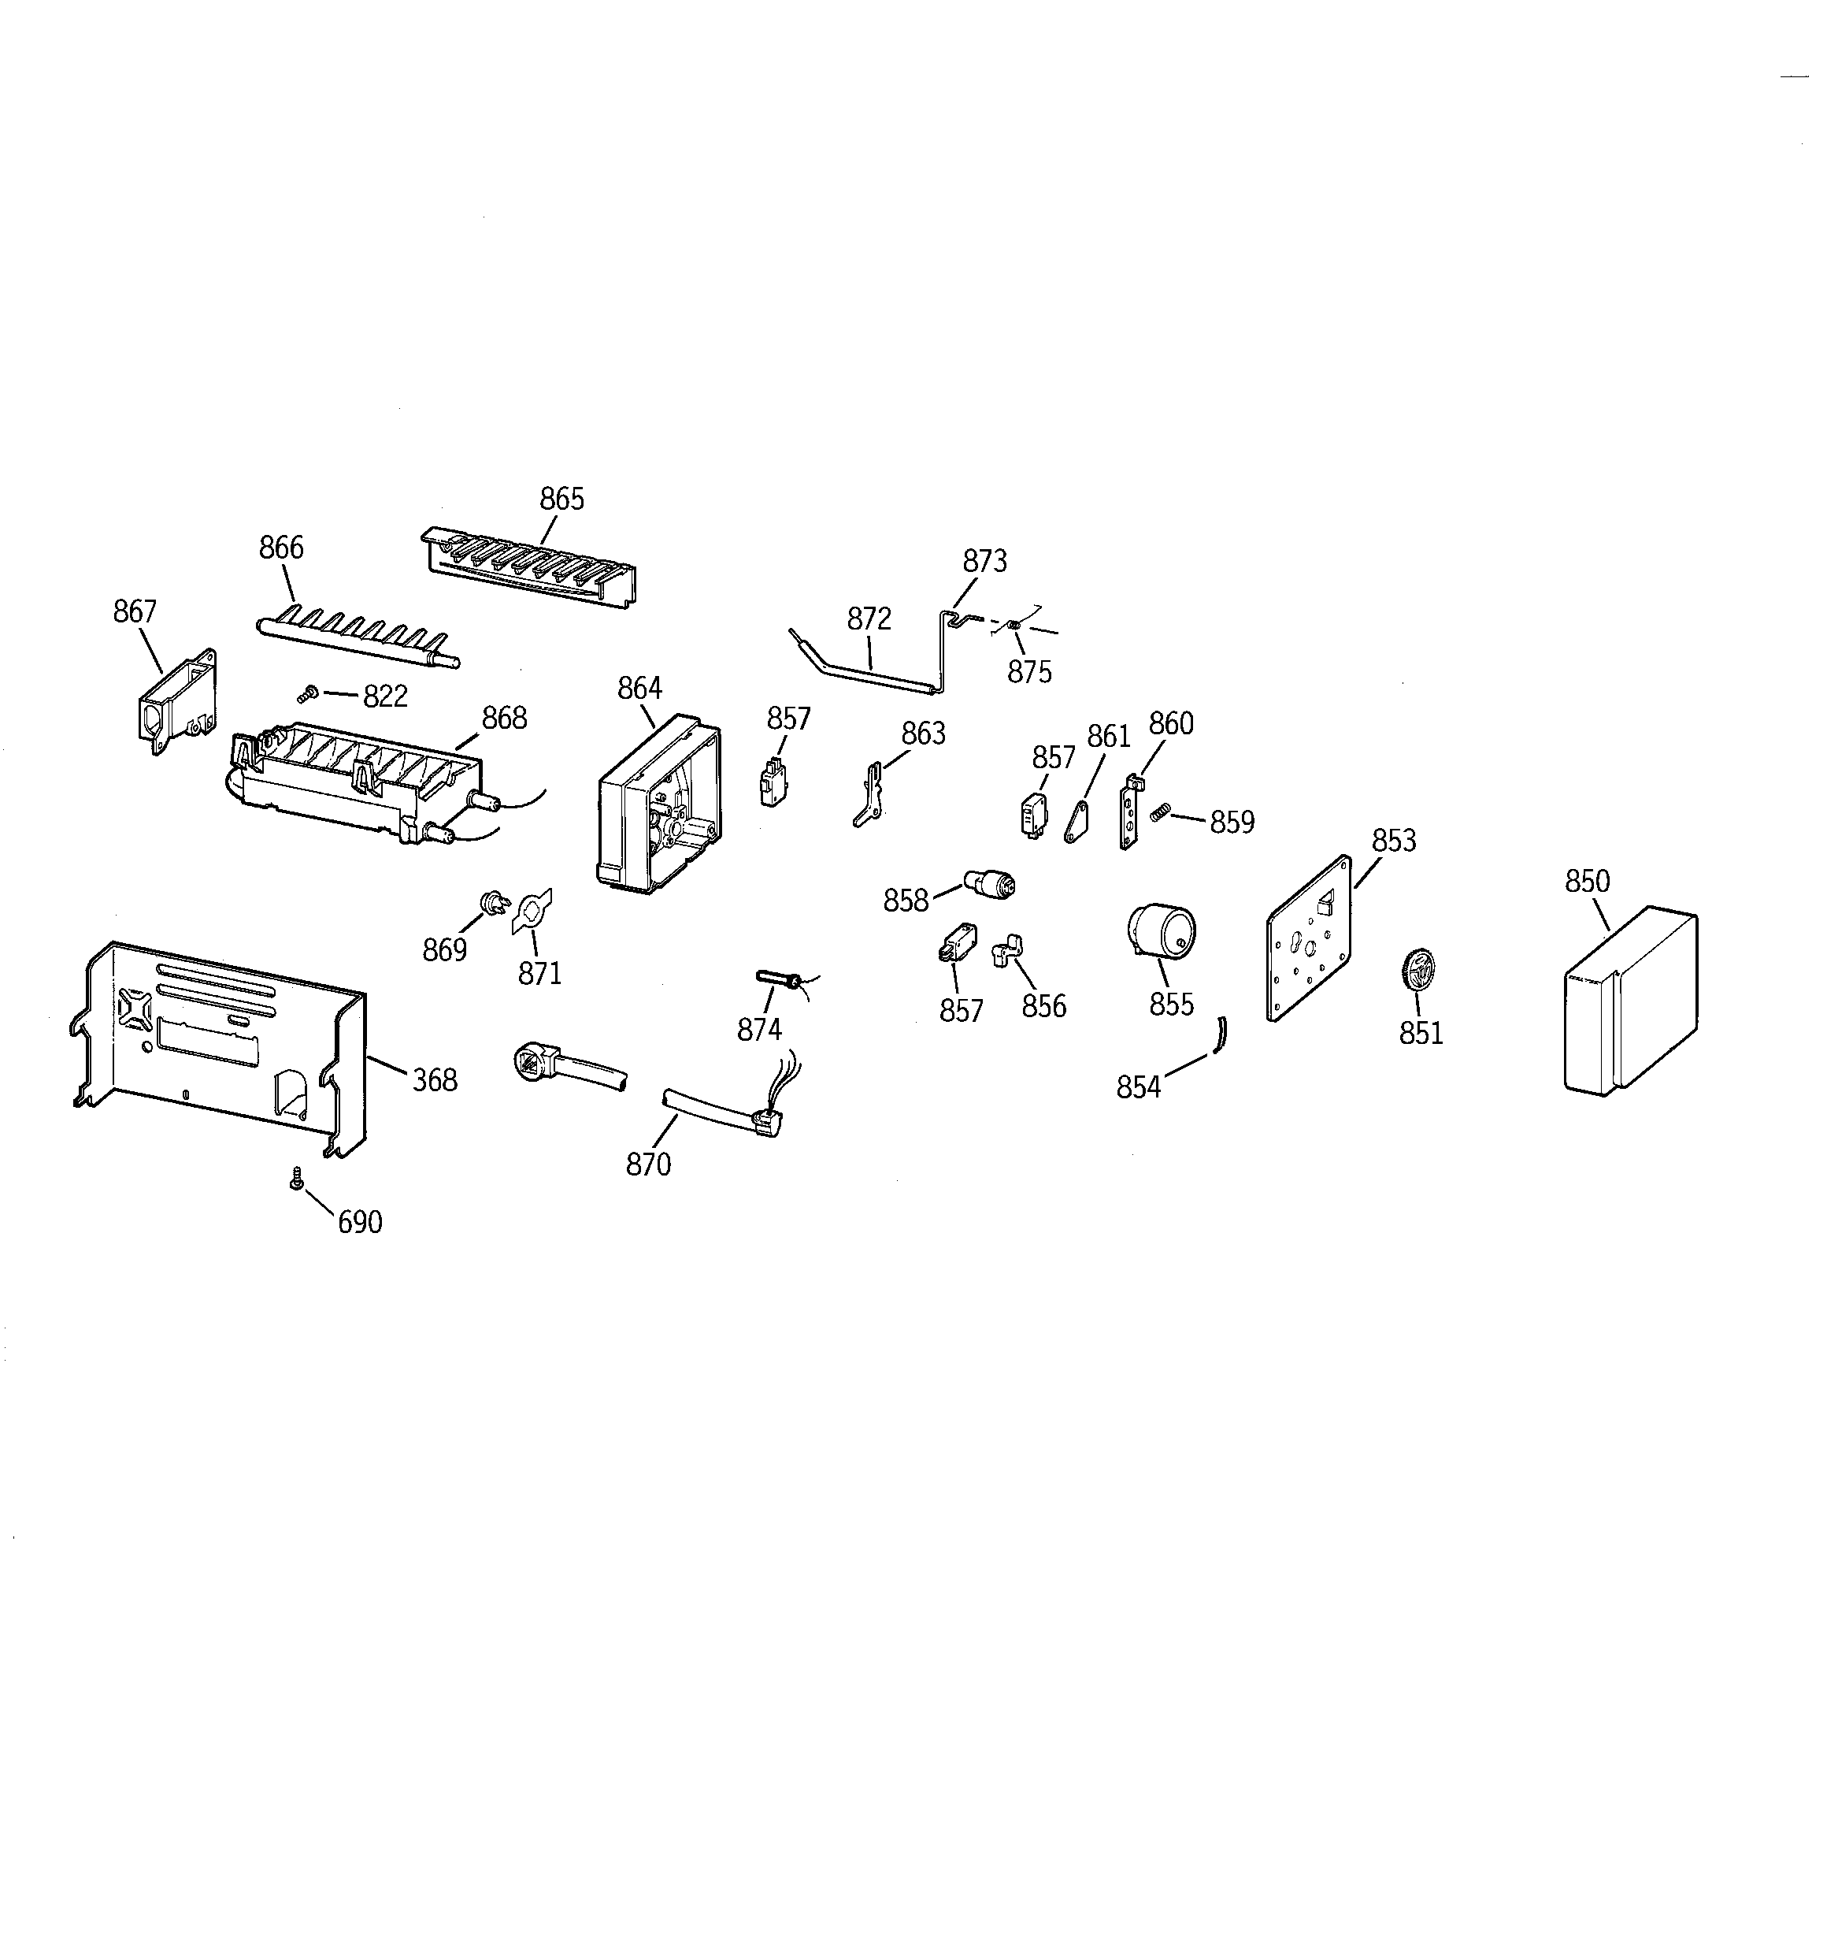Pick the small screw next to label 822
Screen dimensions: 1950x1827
(x=308, y=694)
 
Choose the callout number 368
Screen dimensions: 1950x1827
(x=435, y=1080)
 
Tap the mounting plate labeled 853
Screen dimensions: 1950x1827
(x=1309, y=938)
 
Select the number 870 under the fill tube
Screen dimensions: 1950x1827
(x=648, y=1164)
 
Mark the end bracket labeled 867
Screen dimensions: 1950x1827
(x=177, y=702)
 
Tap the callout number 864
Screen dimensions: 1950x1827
(x=639, y=689)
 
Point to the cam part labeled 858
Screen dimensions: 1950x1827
(x=991, y=884)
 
